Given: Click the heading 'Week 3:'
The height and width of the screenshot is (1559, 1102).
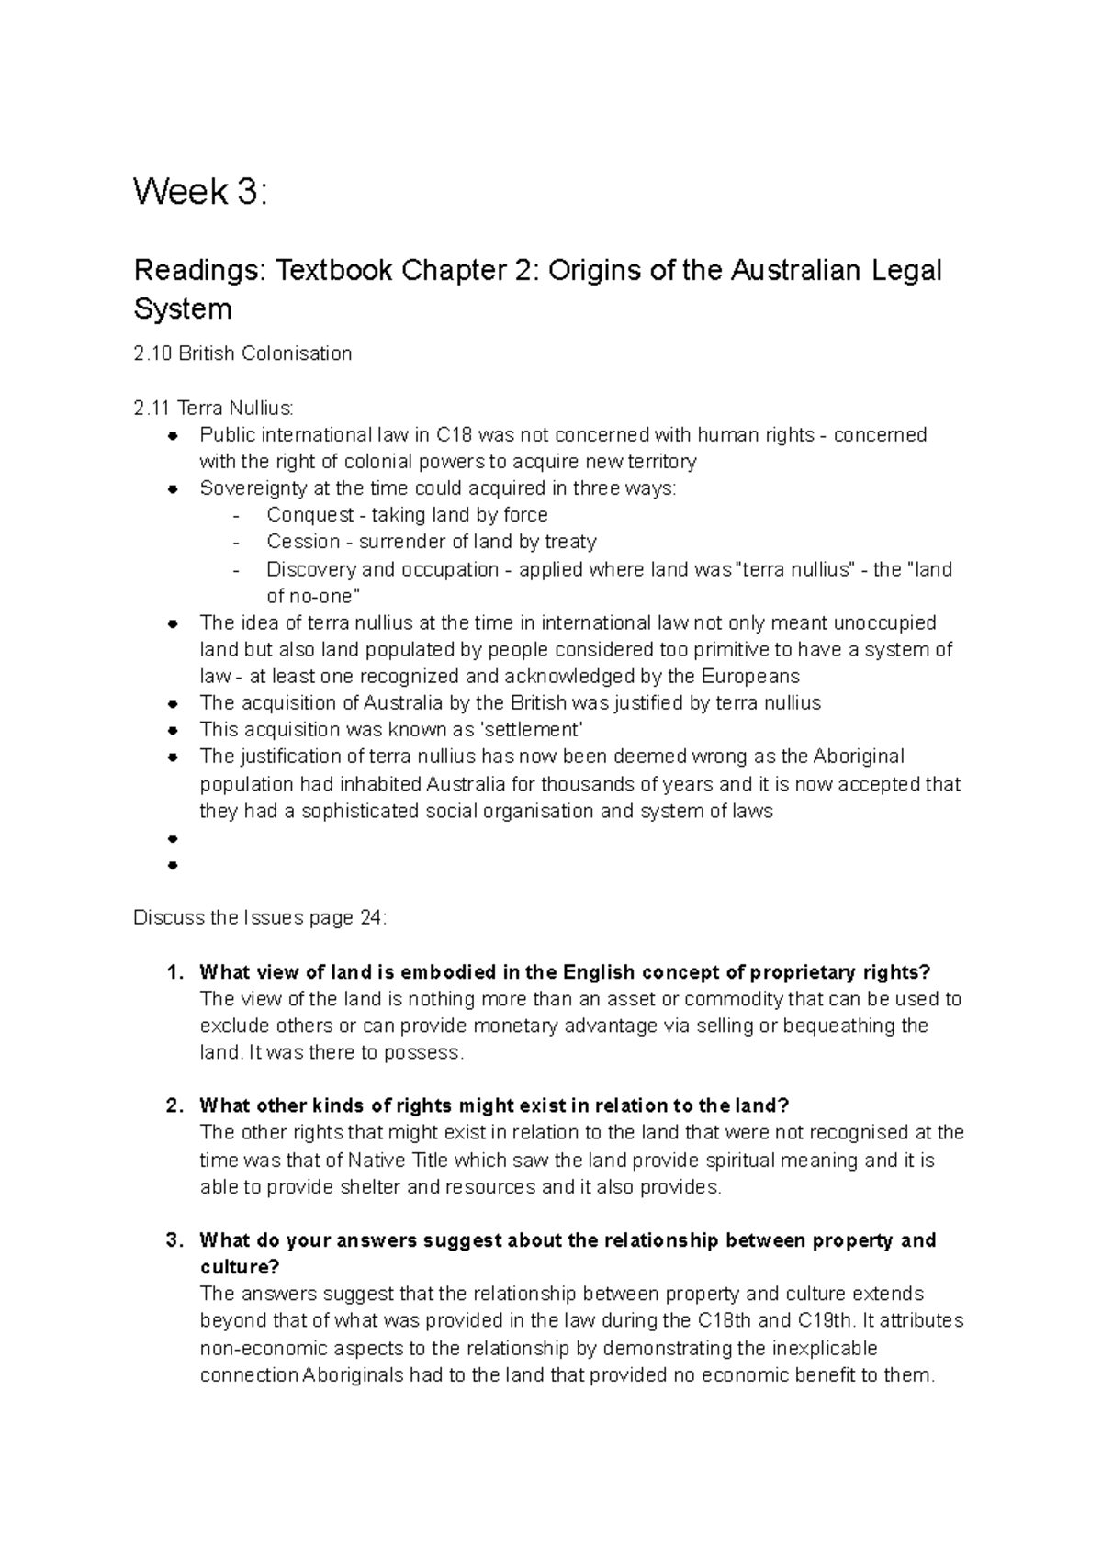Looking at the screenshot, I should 201,193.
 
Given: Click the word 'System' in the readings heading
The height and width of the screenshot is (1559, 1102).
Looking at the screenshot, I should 183,308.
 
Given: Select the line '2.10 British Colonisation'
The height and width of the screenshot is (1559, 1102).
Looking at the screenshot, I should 242,353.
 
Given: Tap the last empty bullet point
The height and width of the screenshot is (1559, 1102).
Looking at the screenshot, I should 172,865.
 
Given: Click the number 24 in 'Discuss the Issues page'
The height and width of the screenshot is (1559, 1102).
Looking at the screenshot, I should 371,918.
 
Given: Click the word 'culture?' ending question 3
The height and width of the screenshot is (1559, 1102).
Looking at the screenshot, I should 240,1267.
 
